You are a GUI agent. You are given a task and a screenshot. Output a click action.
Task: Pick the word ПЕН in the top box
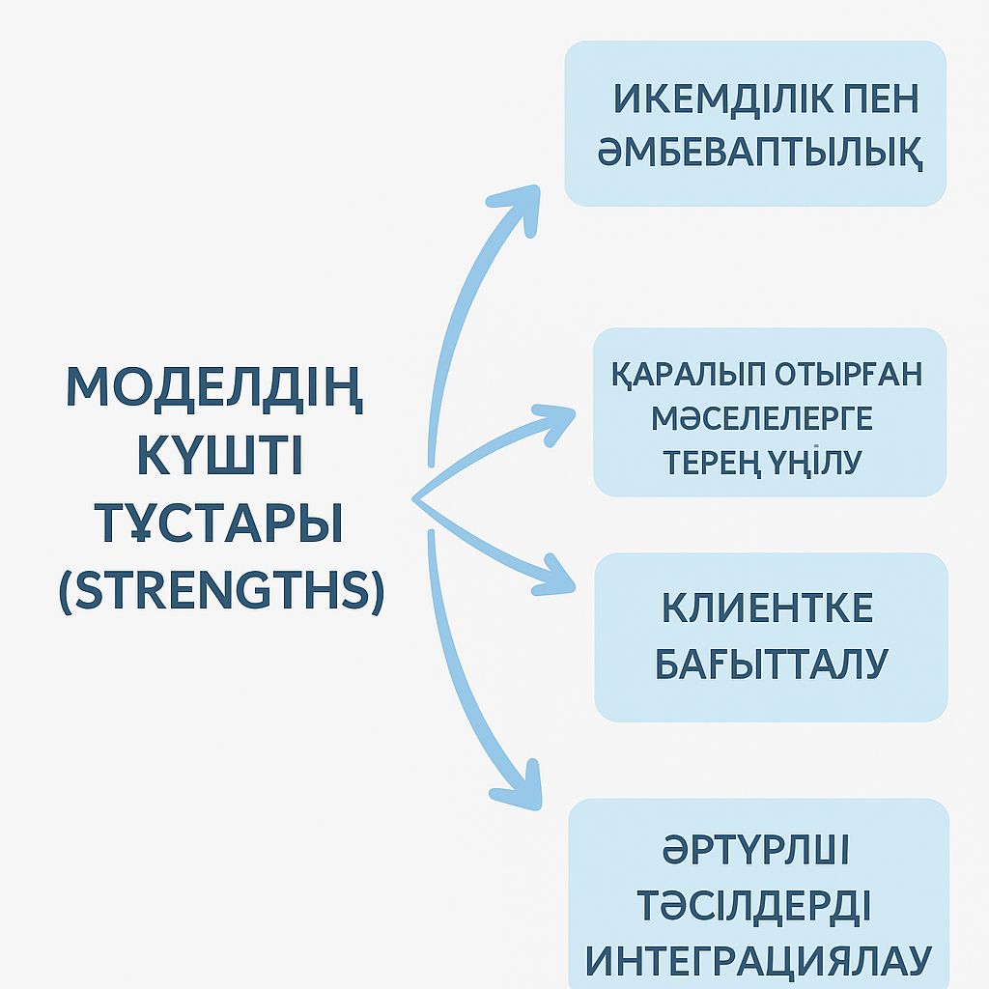879,100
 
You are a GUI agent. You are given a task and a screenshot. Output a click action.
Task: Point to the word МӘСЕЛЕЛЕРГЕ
761,419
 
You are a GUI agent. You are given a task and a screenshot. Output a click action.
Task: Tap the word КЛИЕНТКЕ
768,608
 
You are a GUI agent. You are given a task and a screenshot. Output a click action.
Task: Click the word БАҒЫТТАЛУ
771,664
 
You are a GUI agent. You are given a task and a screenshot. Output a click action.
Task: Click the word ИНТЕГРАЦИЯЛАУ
759,962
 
